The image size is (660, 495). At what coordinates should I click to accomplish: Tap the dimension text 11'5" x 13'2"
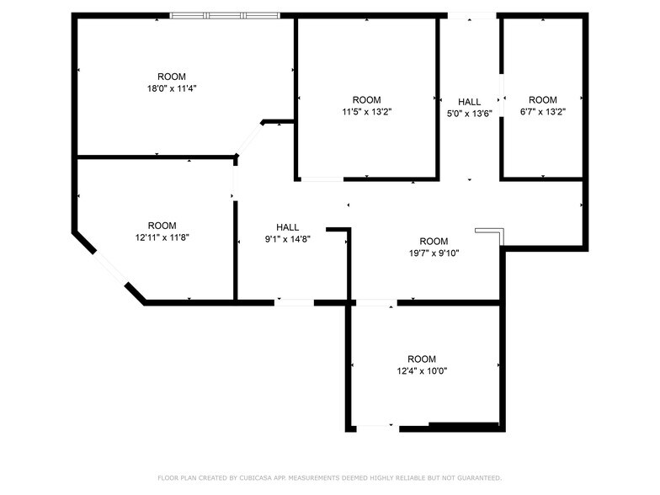(x=366, y=110)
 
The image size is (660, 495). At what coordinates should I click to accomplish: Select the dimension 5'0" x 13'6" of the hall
(x=469, y=114)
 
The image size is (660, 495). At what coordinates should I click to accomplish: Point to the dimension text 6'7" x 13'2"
(x=543, y=110)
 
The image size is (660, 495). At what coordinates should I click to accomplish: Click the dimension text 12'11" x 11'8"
(x=162, y=237)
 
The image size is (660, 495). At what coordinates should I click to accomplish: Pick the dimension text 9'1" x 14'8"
(x=287, y=239)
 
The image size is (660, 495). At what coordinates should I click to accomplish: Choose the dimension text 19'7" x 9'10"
(x=434, y=253)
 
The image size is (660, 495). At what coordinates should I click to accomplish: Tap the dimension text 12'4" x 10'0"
(x=422, y=370)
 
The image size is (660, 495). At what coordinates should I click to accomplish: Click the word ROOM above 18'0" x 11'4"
(x=172, y=77)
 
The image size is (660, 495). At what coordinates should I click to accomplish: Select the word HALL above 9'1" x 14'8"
(x=287, y=227)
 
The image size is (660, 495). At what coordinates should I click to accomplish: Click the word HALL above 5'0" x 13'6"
(x=469, y=102)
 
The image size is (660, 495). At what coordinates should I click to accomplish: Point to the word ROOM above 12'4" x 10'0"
(x=422, y=359)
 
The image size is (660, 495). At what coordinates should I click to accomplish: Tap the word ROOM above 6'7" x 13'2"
(x=543, y=99)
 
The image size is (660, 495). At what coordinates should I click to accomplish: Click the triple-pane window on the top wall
(x=225, y=15)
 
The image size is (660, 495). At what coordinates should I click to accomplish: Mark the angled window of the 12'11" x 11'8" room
(x=109, y=268)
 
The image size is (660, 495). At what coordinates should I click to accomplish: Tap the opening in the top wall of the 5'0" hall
(x=471, y=15)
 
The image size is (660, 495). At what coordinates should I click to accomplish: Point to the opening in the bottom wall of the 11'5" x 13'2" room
(x=322, y=178)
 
